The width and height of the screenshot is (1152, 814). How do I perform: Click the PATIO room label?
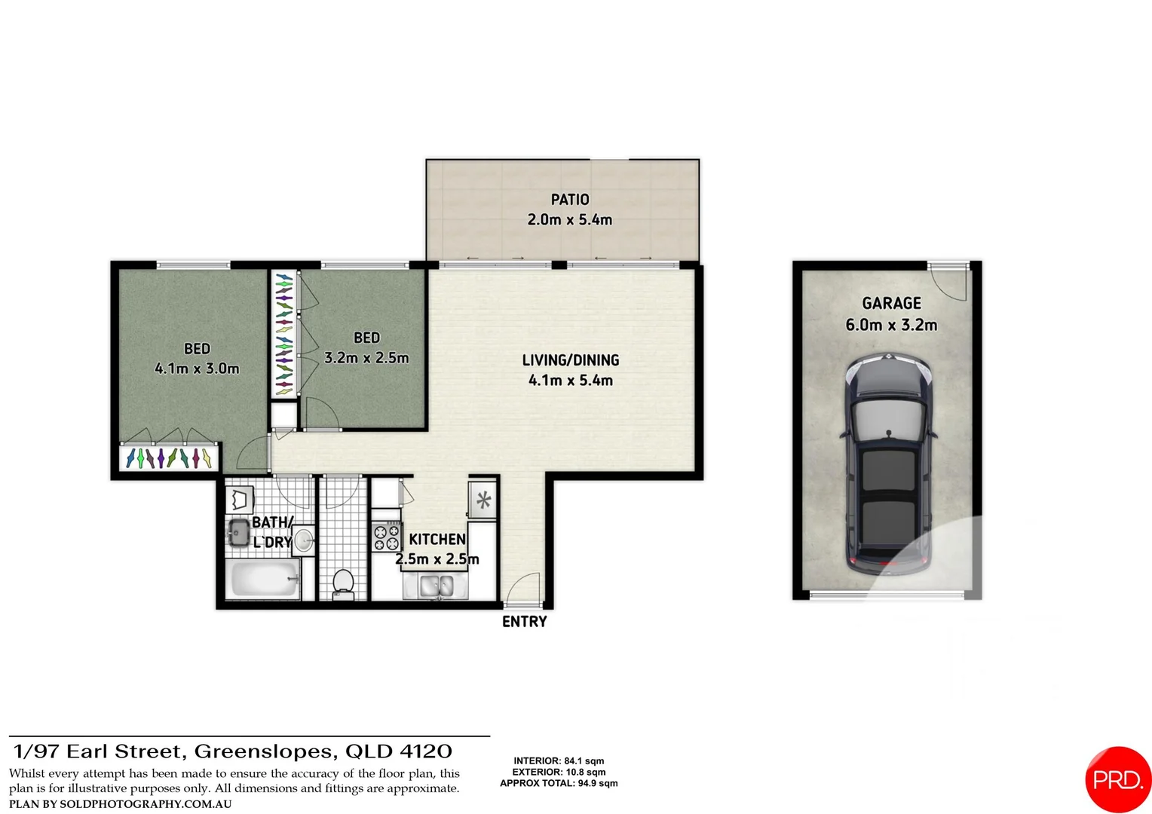tap(570, 200)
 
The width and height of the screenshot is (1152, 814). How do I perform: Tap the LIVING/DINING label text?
tap(571, 360)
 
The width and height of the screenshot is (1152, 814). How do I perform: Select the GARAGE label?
tap(891, 303)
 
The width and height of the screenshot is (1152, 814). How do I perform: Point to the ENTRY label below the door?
tap(525, 622)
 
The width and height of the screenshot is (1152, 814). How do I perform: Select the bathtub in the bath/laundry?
tap(263, 579)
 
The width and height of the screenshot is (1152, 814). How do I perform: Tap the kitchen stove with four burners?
tap(387, 537)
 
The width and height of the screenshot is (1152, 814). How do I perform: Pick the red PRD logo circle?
tap(1118, 779)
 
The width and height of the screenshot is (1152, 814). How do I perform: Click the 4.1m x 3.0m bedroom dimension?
tap(197, 369)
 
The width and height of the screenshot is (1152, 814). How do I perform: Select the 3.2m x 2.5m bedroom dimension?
tap(366, 358)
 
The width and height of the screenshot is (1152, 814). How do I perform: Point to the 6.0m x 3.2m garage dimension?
tap(891, 326)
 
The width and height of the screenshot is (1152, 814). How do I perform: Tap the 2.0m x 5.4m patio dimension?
tap(570, 220)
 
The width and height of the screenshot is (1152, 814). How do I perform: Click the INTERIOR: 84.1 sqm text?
tap(559, 761)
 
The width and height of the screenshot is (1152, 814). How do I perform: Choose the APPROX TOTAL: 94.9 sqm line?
tap(559, 783)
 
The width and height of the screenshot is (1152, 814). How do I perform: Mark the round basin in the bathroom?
tap(304, 540)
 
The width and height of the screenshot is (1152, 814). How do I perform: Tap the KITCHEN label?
tap(437, 540)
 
